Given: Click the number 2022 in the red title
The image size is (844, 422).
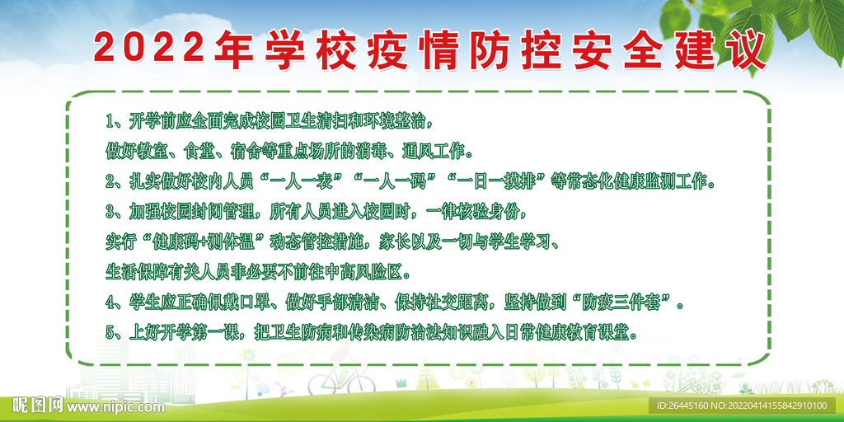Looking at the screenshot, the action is pos(149,49).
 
